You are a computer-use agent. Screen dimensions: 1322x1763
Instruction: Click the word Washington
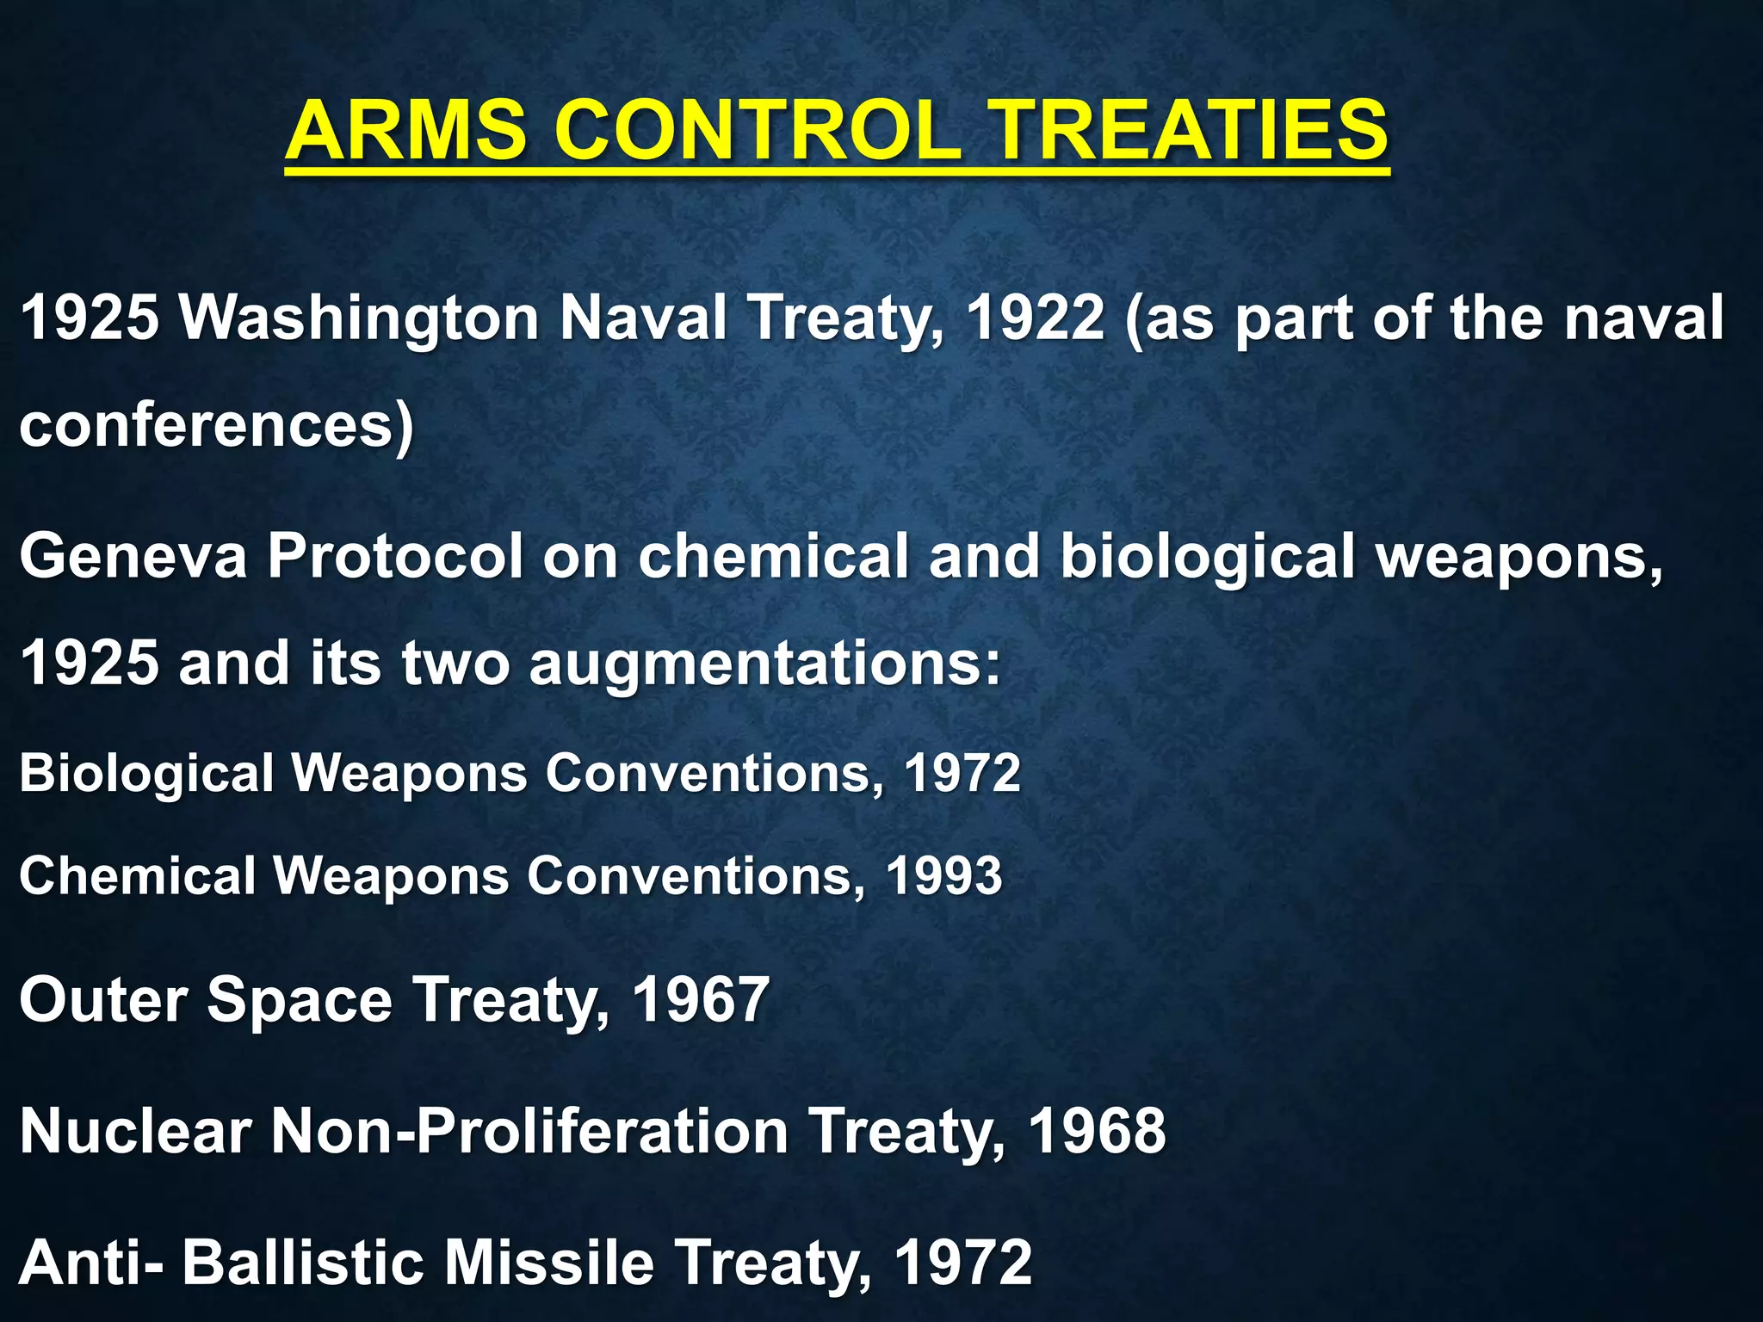pyautogui.click(x=359, y=318)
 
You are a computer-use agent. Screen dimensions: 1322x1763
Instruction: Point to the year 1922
pyautogui.click(x=1035, y=318)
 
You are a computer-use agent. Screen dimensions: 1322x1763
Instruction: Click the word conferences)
pyautogui.click(x=216, y=426)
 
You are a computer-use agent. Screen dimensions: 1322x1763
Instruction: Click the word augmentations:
pyautogui.click(x=766, y=664)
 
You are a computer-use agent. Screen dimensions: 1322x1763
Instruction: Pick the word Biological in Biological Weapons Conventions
pyautogui.click(x=146, y=773)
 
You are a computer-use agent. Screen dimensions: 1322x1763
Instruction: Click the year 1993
pyautogui.click(x=944, y=876)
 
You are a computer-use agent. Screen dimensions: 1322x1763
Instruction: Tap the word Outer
pyautogui.click(x=103, y=1000)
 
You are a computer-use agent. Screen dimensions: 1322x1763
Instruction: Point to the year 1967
pyautogui.click(x=701, y=1000)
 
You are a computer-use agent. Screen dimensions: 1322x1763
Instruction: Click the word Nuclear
pyautogui.click(x=135, y=1131)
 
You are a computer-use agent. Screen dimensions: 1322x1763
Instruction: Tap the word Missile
pyautogui.click(x=548, y=1263)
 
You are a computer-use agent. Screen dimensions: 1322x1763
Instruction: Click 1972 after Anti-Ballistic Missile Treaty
pyautogui.click(x=963, y=1263)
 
